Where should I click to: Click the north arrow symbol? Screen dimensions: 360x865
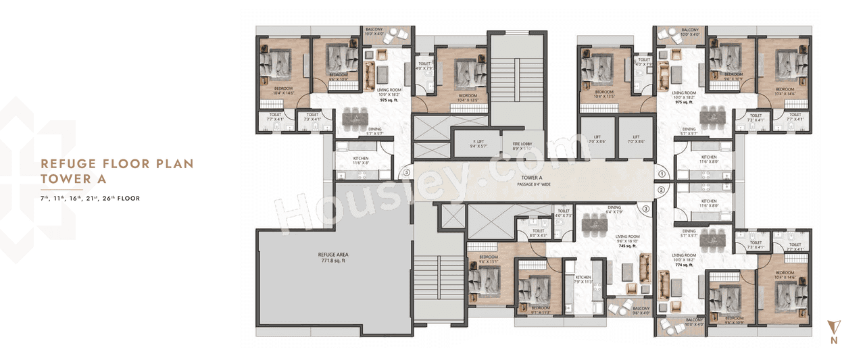(x=834, y=327)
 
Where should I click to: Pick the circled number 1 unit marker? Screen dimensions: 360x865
(x=662, y=174)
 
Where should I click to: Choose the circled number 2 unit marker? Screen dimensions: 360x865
(x=662, y=190)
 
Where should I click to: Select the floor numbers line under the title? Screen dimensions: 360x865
(x=89, y=199)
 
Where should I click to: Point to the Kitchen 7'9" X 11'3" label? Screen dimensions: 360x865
(x=583, y=280)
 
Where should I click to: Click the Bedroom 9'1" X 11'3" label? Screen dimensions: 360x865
(x=540, y=310)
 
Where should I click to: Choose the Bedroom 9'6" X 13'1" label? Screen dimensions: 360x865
(x=488, y=260)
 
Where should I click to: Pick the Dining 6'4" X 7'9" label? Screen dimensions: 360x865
(x=614, y=211)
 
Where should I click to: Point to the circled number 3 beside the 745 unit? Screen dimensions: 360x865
(x=645, y=209)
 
